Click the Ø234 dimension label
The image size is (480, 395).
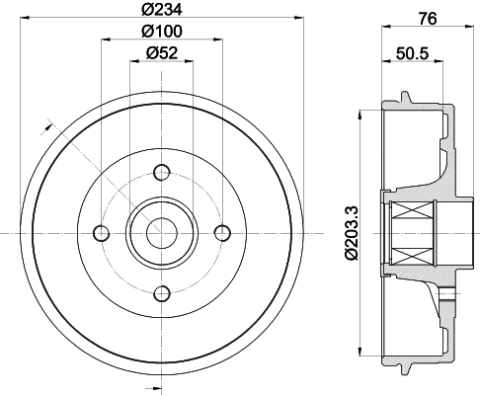click(162, 9)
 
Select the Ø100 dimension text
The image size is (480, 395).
click(162, 31)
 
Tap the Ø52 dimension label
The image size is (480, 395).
click(162, 52)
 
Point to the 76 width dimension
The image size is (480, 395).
click(428, 19)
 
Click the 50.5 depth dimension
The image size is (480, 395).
click(413, 53)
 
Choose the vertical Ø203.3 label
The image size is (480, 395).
click(352, 233)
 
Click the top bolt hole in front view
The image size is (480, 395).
click(162, 172)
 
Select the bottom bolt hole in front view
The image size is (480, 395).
click(162, 294)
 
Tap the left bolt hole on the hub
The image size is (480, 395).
click(102, 233)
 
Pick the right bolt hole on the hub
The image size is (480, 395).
click(222, 233)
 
